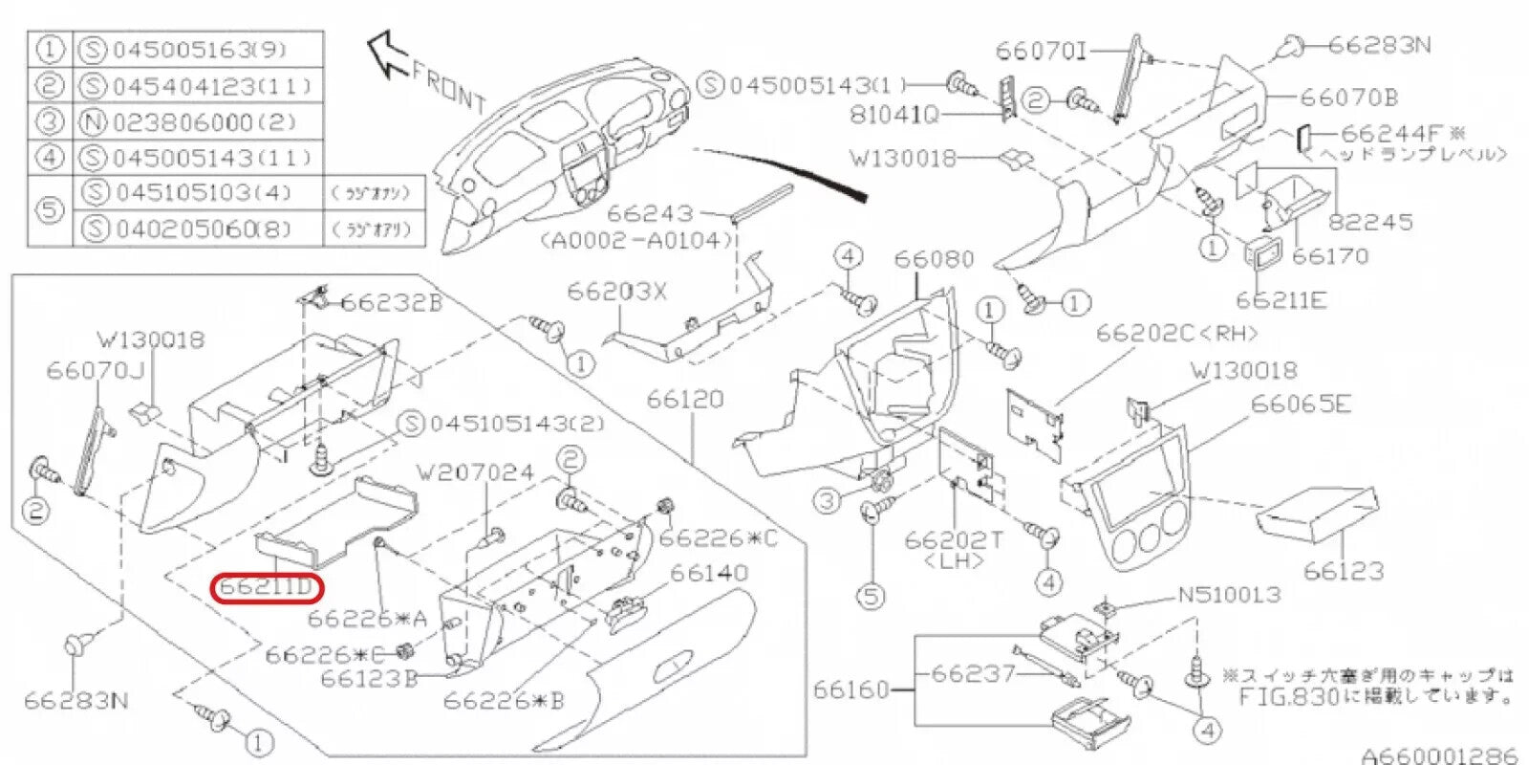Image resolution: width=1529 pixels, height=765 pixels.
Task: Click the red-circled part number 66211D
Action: (267, 586)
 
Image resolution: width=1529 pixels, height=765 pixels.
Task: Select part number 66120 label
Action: (685, 399)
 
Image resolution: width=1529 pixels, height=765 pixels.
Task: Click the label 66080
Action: (934, 259)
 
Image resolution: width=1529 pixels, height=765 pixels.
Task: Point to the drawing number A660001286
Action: (1438, 755)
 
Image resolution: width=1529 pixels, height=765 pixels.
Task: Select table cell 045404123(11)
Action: (211, 86)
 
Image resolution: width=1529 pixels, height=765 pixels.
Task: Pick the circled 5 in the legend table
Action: (50, 210)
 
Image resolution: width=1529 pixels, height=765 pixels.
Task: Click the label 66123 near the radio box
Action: (1343, 571)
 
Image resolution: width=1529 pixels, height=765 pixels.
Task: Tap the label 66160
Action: (851, 689)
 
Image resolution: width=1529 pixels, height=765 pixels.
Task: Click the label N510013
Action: (1228, 595)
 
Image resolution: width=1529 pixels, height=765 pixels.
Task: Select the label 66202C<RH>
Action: (1176, 333)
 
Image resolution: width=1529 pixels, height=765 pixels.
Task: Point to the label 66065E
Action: (1301, 404)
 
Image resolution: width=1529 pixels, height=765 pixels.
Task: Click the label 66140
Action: (708, 573)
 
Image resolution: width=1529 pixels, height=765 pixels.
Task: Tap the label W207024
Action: (475, 471)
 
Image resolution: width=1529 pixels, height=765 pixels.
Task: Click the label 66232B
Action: (391, 302)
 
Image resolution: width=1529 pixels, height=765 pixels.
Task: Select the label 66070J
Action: (95, 370)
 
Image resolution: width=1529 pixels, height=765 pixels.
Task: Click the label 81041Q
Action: (894, 115)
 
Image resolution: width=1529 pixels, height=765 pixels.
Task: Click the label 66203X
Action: (616, 291)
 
